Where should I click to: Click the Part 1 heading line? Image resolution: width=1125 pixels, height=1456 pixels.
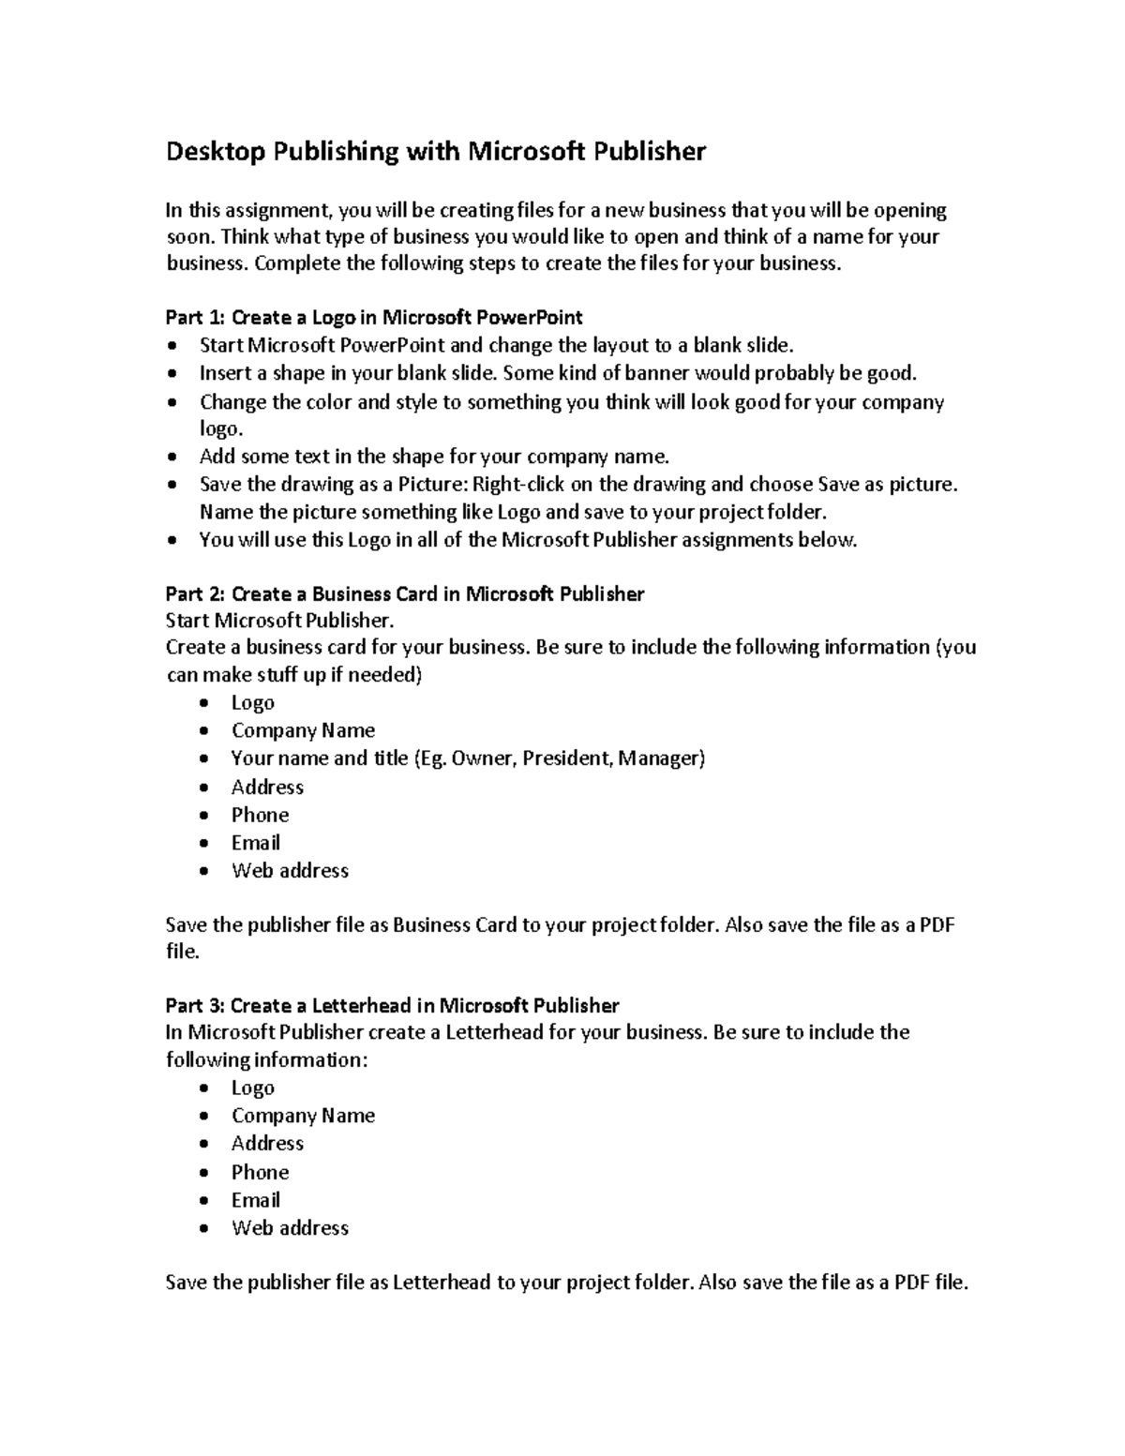[x=374, y=318]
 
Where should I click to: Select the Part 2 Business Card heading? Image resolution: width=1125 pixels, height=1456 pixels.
[x=404, y=594]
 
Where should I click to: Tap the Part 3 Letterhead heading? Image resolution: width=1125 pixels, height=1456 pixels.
[x=392, y=1006]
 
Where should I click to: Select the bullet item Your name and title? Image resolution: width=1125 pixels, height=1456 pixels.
[x=467, y=758]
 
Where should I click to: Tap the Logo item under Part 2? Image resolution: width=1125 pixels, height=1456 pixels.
[x=252, y=703]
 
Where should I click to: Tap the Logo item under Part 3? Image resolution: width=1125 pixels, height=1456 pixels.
[x=252, y=1088]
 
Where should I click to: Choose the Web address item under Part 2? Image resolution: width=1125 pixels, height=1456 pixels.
[x=290, y=871]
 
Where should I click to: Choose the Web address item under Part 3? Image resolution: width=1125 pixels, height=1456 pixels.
[x=290, y=1228]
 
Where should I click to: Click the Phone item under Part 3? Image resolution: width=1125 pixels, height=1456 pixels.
[x=260, y=1173]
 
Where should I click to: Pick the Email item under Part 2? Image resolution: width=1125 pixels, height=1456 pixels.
[x=255, y=843]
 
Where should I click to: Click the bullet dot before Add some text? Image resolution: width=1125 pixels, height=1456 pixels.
[x=171, y=458]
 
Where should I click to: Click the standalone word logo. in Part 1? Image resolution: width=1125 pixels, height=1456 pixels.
[x=220, y=429]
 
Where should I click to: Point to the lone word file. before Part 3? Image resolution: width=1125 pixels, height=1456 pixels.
[x=182, y=953]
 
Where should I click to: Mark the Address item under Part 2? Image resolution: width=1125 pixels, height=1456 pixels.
[x=267, y=788]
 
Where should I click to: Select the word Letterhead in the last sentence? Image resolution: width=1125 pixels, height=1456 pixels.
[x=441, y=1283]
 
